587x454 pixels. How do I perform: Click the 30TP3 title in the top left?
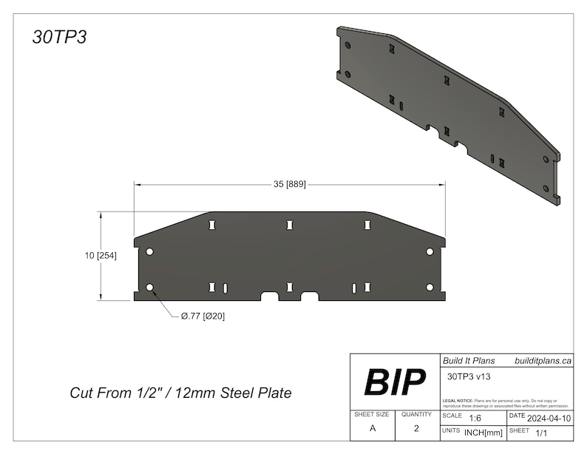pos(60,37)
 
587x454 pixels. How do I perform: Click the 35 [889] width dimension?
pos(290,183)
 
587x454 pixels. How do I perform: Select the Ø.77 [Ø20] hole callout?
pos(203,316)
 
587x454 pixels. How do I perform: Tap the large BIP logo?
pos(395,382)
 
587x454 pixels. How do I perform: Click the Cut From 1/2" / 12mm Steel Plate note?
pos(180,393)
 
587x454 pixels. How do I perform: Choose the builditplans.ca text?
pos(543,361)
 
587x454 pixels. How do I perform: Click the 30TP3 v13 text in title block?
pos(469,376)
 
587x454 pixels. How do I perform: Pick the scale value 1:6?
pos(475,418)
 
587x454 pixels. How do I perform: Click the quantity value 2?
pos(416,428)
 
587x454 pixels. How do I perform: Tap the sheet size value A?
pos(371,428)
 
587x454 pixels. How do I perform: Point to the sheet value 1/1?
pos(542,432)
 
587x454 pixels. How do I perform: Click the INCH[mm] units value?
pos(483,432)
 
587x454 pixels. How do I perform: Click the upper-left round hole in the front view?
pos(150,252)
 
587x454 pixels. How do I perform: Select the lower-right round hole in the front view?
pos(430,287)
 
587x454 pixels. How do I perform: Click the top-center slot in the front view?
pos(290,224)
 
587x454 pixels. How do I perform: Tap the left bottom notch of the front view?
pos(270,297)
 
